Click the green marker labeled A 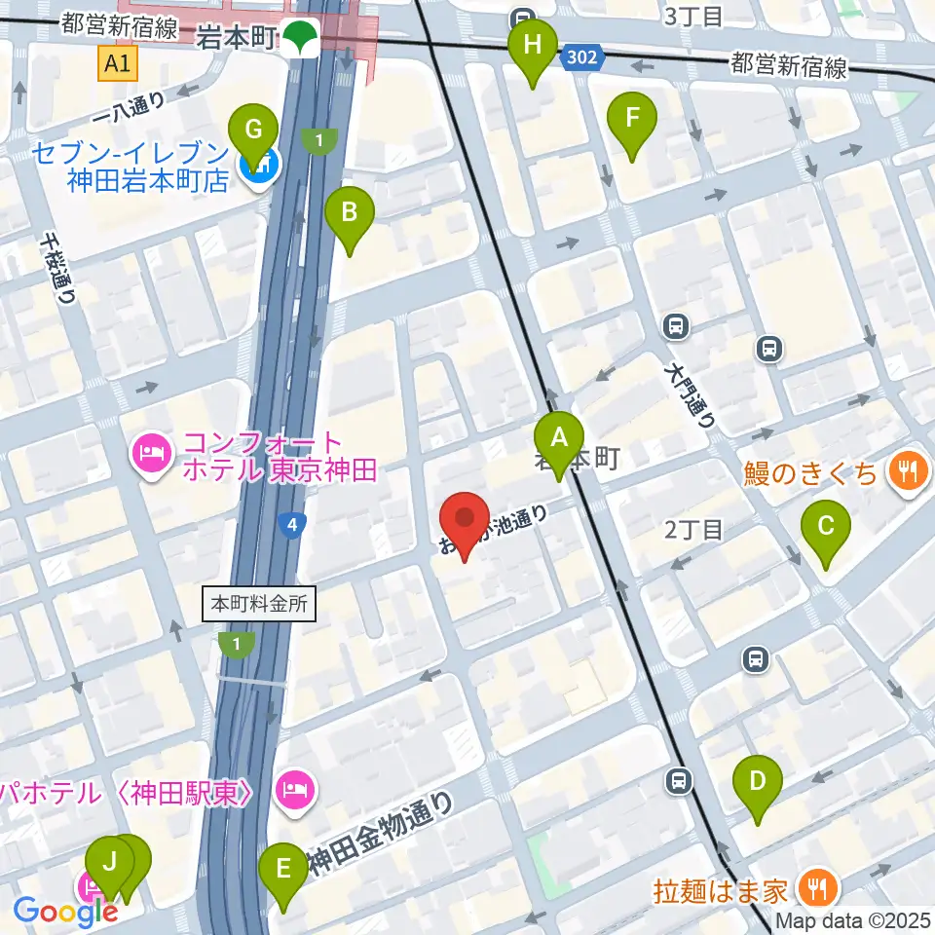(x=559, y=437)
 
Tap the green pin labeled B (x=350, y=210)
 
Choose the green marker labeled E (x=283, y=867)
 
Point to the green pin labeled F (x=632, y=119)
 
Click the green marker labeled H (x=532, y=45)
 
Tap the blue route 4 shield (x=290, y=525)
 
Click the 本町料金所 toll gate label (x=260, y=604)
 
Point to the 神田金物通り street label (x=381, y=834)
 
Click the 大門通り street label (x=691, y=396)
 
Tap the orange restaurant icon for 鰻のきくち (x=906, y=472)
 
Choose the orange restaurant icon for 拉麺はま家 (x=812, y=888)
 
